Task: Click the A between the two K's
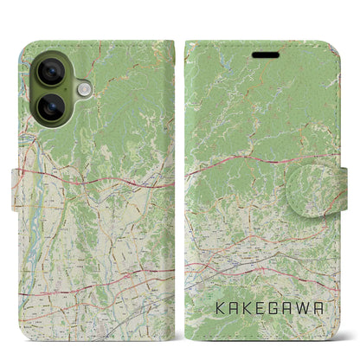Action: tap(230, 307)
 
